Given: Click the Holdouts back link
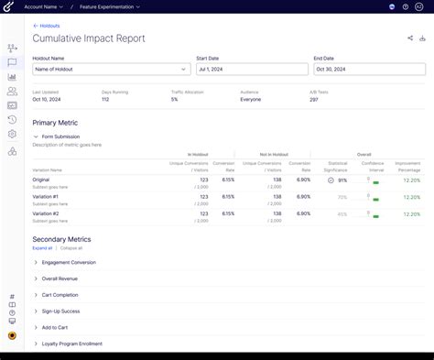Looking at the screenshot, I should tap(48, 27).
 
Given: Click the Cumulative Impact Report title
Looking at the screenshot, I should tap(89, 39).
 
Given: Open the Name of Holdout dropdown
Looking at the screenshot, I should tap(110, 69).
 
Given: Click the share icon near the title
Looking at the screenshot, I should tap(409, 38).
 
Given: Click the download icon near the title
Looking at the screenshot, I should tap(422, 38).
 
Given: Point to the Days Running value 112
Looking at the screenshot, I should tap(106, 99).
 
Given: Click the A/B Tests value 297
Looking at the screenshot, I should tap(314, 99).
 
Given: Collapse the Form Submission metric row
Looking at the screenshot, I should tap(36, 136).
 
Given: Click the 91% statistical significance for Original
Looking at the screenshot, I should tap(342, 180).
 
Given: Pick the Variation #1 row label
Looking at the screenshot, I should tap(45, 196).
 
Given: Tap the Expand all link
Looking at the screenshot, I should tap(42, 248).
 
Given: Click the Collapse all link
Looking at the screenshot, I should tap(71, 248).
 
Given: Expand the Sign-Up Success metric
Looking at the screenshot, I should tap(63, 311).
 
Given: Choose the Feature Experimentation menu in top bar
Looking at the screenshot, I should tap(110, 6).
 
